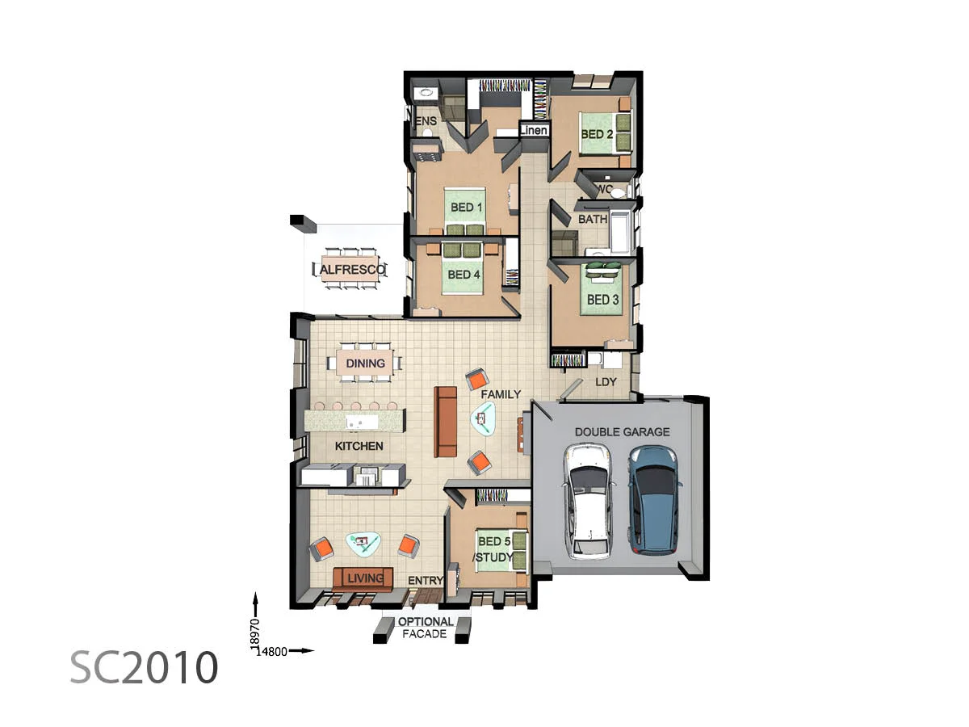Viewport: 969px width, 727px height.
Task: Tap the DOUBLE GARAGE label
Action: point(622,432)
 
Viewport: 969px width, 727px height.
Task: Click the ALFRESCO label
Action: point(349,269)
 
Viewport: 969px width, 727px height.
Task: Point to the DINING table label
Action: point(365,363)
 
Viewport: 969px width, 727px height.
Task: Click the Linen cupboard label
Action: point(534,130)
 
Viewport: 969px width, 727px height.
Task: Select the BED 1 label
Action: point(466,208)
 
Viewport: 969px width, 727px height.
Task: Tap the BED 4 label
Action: point(464,275)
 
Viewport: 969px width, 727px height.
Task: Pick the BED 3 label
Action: point(603,300)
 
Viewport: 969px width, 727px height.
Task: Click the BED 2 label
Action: point(597,134)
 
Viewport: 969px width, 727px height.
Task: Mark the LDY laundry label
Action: point(606,381)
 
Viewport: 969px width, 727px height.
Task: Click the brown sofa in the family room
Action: point(446,422)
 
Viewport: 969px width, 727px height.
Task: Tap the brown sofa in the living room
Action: point(363,578)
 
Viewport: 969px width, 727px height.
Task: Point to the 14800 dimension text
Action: point(272,651)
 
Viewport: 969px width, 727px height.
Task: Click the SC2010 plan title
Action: point(144,667)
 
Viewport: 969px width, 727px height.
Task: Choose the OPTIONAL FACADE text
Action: point(426,628)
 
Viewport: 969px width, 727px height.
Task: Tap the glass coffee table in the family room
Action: point(485,418)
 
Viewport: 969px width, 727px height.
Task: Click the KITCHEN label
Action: point(359,446)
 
